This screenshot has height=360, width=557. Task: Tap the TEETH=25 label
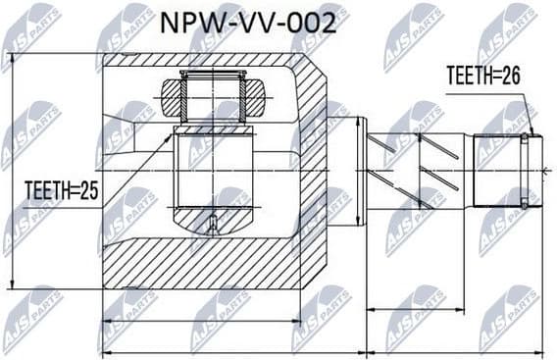(60, 192)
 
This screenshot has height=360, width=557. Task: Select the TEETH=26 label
(482, 76)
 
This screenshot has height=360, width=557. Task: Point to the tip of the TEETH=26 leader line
(530, 134)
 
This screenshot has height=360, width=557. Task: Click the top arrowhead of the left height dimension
(13, 56)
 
